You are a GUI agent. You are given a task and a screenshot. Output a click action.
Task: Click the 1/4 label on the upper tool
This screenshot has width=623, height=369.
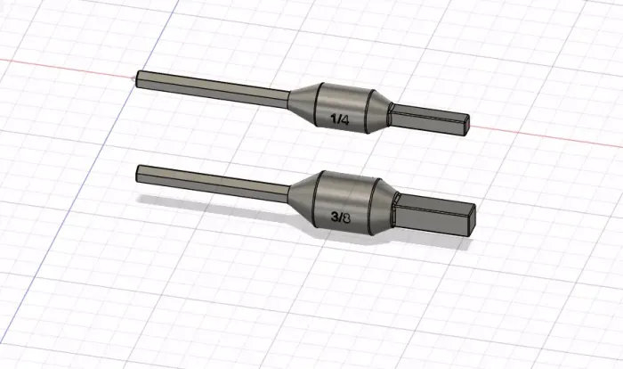click(340, 119)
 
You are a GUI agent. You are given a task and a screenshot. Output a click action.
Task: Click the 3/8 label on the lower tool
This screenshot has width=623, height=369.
click(341, 217)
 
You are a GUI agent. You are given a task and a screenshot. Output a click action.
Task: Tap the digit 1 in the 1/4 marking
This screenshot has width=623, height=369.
click(334, 119)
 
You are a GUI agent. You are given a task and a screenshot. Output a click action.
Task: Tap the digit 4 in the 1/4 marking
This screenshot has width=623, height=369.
click(345, 119)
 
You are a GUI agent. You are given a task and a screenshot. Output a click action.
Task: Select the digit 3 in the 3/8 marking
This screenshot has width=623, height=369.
click(335, 217)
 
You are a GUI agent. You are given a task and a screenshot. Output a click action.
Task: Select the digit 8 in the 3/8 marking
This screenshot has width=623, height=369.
click(346, 218)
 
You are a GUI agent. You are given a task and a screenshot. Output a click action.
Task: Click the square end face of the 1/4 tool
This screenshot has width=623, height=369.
click(465, 126)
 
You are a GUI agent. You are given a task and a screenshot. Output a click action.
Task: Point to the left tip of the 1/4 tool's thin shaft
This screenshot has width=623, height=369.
click(137, 78)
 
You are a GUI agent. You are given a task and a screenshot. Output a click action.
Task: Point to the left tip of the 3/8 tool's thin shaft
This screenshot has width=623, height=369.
click(137, 174)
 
